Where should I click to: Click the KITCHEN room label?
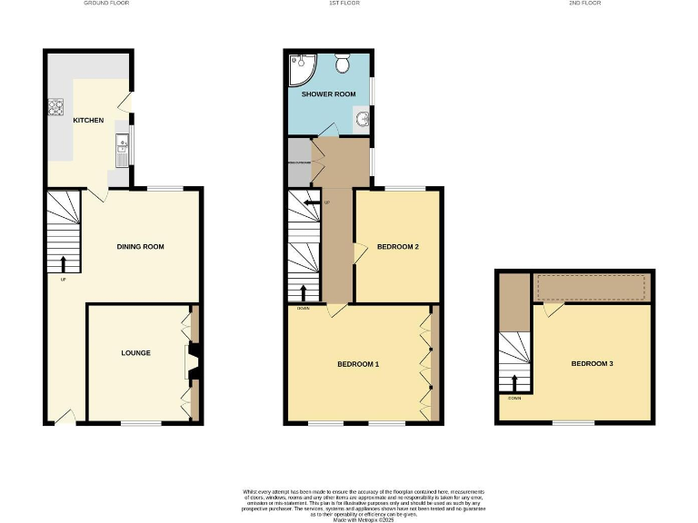88,120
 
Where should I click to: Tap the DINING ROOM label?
140,246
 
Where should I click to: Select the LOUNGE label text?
135,352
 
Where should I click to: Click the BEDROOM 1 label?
357,364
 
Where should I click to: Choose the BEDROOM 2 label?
397,246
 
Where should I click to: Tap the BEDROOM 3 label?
592,363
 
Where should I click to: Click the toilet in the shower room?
343,64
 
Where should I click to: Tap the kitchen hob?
55,108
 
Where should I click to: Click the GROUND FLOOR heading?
106,4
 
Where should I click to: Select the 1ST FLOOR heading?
341,4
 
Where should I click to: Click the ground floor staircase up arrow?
63,264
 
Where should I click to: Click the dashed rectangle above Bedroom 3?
591,288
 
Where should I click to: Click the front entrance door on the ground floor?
65,416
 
